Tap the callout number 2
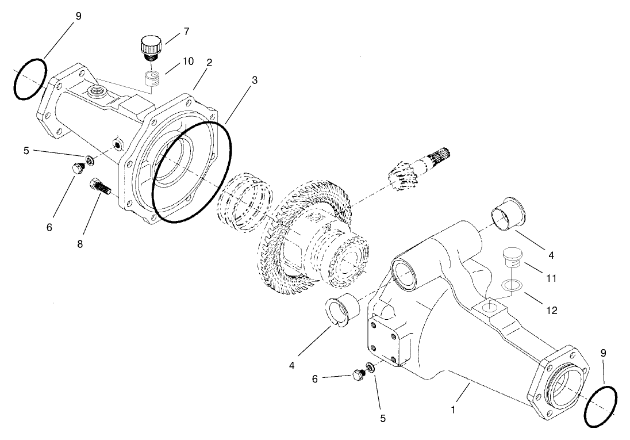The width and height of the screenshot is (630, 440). click(x=210, y=63)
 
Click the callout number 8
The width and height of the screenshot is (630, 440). click(x=79, y=244)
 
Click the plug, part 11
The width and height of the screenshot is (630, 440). click(x=511, y=257)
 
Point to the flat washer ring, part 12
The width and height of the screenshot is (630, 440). click(x=509, y=285)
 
